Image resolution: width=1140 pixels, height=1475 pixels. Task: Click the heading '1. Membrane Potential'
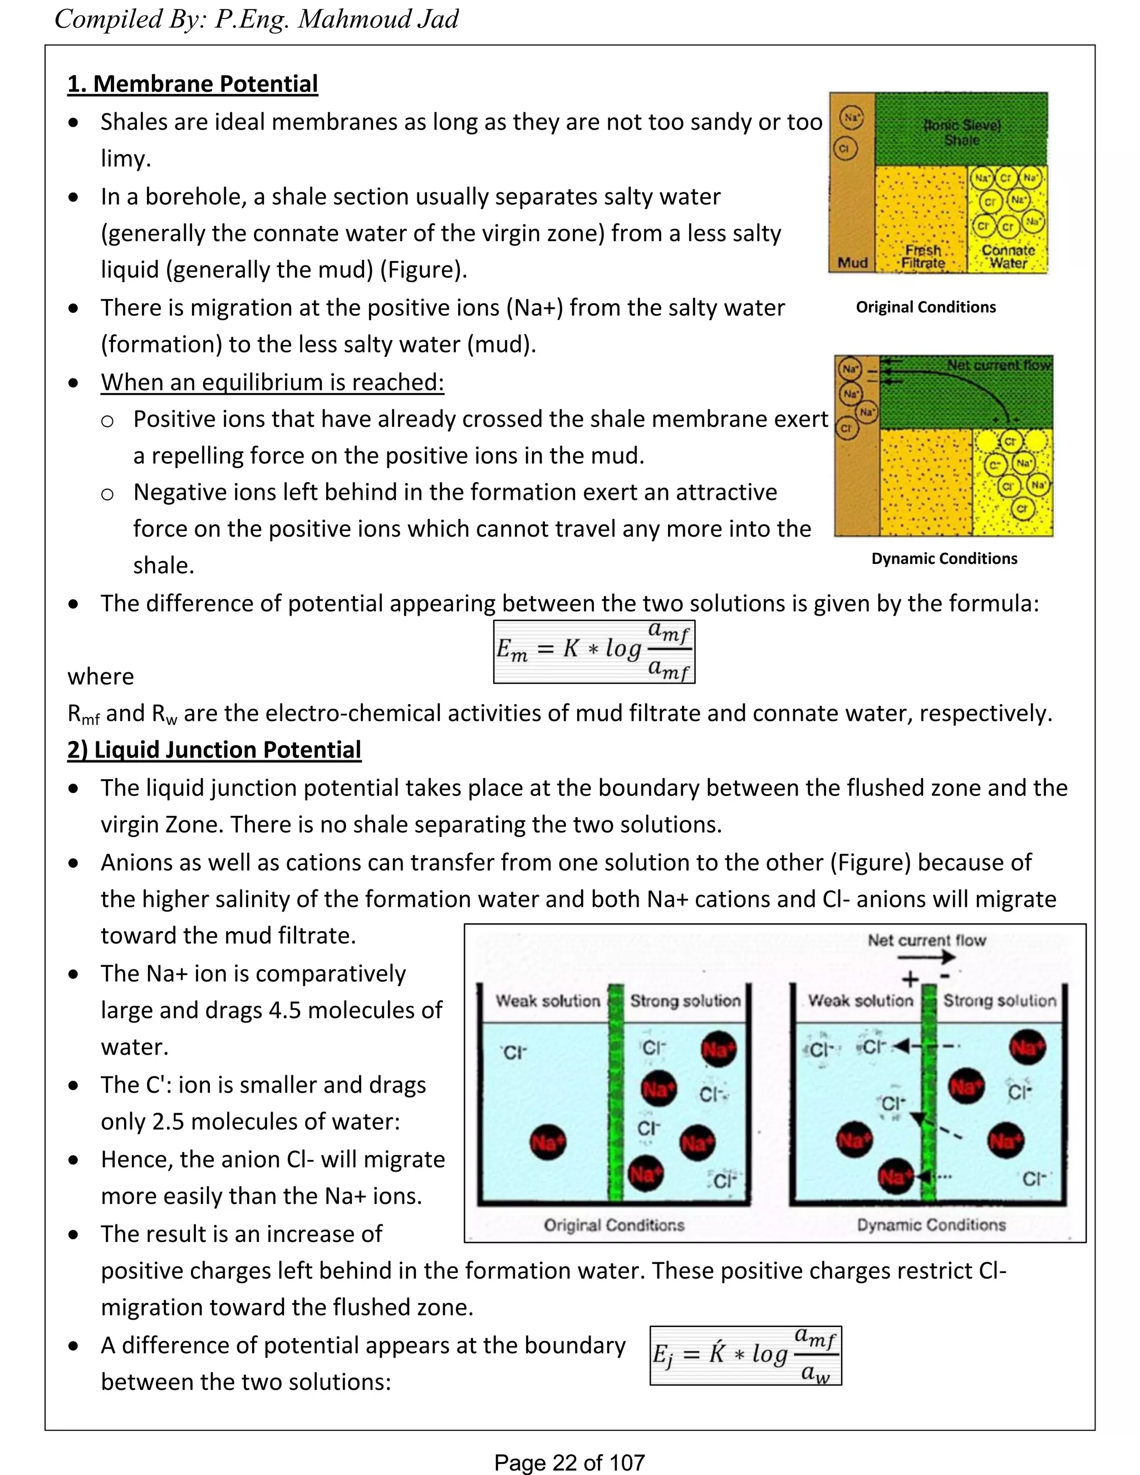pos(193,83)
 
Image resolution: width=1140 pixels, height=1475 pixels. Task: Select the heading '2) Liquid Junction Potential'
pos(214,750)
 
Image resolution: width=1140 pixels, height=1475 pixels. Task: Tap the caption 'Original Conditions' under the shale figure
pos(925,307)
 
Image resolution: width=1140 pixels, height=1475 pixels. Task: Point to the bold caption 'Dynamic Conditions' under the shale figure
pos(944,558)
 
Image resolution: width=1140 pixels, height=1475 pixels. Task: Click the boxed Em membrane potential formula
pos(593,651)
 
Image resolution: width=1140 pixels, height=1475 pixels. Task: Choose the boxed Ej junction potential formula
pos(745,1355)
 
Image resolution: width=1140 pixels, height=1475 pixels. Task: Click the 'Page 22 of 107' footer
pos(569,1462)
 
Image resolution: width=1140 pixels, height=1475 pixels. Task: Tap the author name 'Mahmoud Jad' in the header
pos(378,19)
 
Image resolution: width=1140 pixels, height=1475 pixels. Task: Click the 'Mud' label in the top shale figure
pos(852,263)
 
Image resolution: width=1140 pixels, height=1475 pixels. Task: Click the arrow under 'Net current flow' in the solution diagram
pos(927,956)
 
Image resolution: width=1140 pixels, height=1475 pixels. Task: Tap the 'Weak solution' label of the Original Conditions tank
pos(548,1001)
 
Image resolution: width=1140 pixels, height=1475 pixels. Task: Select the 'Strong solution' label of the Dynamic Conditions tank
pos(1000,1001)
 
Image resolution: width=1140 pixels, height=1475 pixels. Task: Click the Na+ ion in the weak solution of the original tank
pos(548,1142)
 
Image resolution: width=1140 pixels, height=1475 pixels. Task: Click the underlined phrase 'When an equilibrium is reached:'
pos(272,382)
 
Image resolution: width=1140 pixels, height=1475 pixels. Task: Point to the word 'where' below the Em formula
pos(101,677)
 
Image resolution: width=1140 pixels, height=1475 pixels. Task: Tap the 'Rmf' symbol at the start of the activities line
pos(83,715)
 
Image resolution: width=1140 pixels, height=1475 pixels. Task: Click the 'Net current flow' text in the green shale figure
pos(999,365)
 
